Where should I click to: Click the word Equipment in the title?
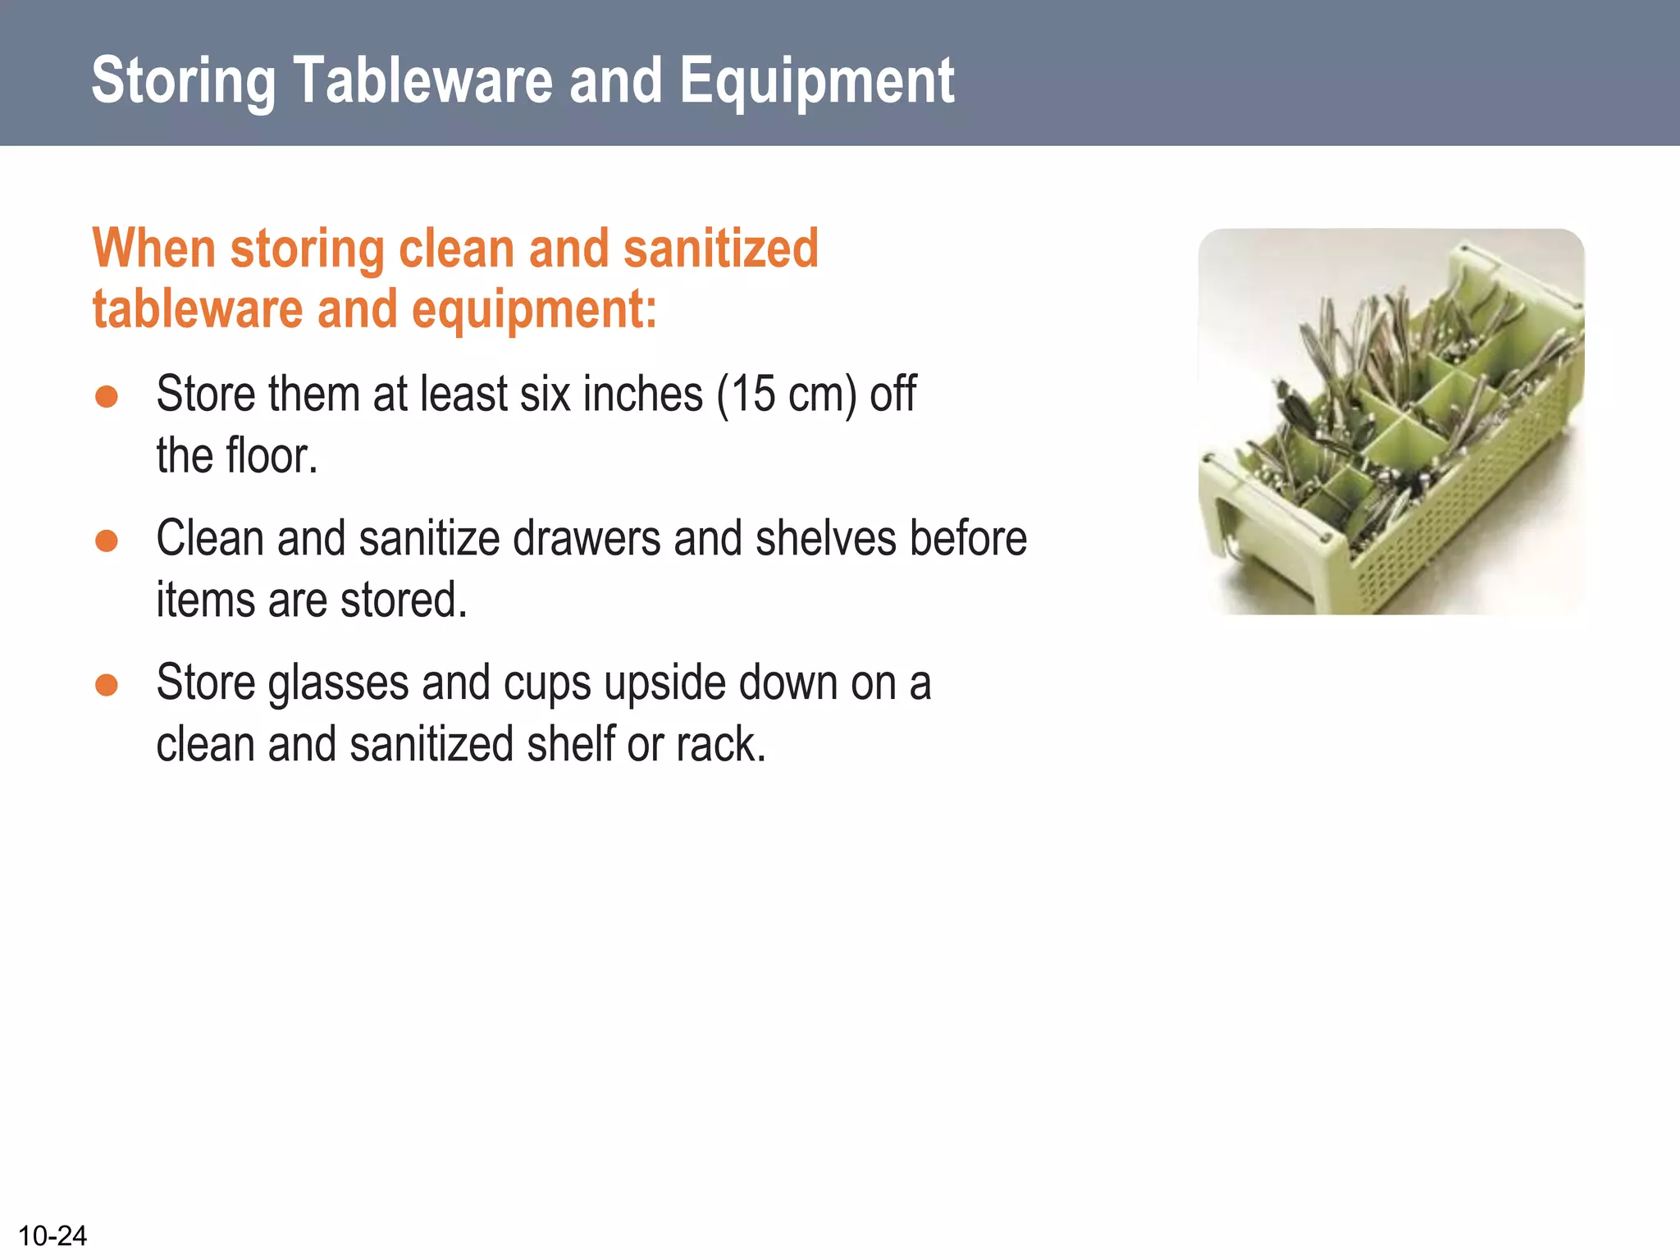816,80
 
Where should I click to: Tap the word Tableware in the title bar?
422,80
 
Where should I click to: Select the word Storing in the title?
184,82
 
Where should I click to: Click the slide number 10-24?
52,1235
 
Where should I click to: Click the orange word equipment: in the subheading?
534,310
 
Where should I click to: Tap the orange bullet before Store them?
107,396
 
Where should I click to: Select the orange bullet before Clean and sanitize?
107,541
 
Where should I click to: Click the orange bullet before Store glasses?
107,685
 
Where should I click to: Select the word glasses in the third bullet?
338,684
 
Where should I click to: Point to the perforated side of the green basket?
1460,509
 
